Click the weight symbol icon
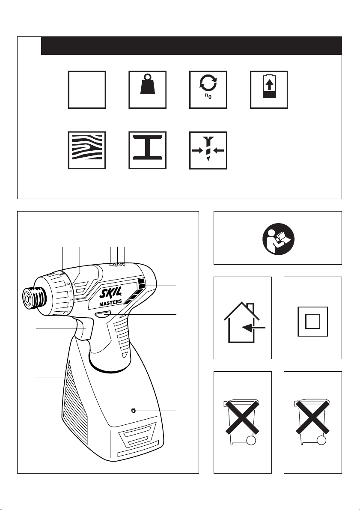[147, 89]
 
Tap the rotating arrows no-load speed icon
[208, 89]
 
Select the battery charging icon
[269, 89]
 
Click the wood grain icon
[87, 150]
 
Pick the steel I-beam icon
[147, 150]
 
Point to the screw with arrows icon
[208, 150]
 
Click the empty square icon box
[87, 89]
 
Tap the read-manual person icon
[278, 239]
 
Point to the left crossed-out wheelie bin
[242, 422]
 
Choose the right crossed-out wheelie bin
[312, 422]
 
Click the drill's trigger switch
[84, 329]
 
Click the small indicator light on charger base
[133, 411]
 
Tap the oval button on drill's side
[103, 314]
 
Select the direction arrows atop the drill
[117, 265]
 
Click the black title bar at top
[191, 45]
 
